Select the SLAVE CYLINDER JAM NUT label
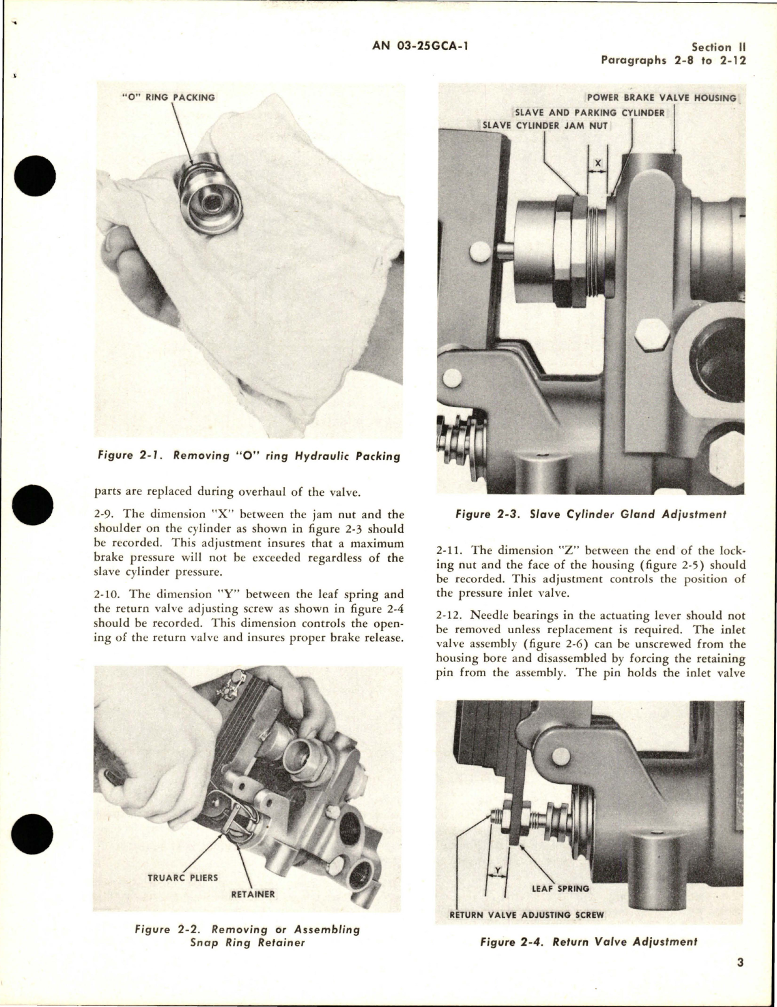pyautogui.click(x=546, y=125)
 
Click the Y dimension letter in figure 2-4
pyautogui.click(x=497, y=869)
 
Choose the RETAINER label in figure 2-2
pyautogui.click(x=253, y=894)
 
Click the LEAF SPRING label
pyautogui.click(x=559, y=888)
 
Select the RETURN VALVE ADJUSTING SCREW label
pyautogui.click(x=527, y=914)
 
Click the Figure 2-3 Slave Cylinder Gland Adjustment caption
pyautogui.click(x=590, y=515)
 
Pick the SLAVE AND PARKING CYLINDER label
pyautogui.click(x=589, y=113)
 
